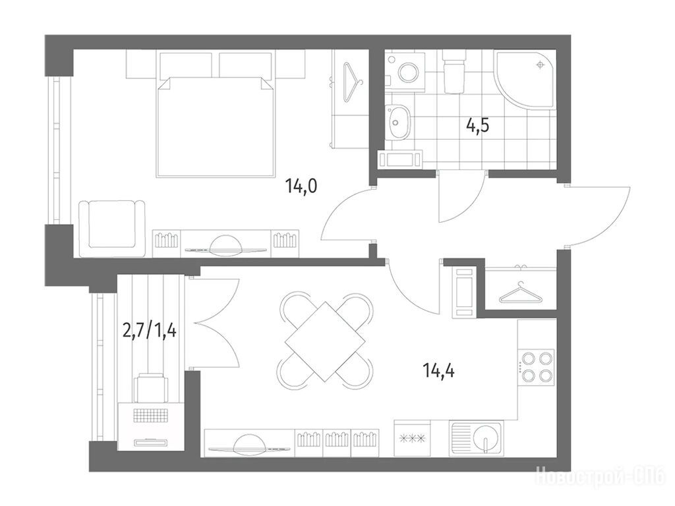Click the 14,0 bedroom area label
click(x=301, y=186)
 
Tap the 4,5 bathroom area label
click(x=478, y=126)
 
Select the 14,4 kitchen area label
click(x=438, y=370)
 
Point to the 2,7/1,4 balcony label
click(x=150, y=331)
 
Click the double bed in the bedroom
click(x=216, y=126)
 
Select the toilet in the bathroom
click(x=454, y=72)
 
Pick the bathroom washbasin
click(x=397, y=122)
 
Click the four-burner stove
click(x=537, y=366)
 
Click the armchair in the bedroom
click(x=111, y=225)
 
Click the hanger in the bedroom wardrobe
click(x=353, y=82)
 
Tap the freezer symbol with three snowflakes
click(x=413, y=438)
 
